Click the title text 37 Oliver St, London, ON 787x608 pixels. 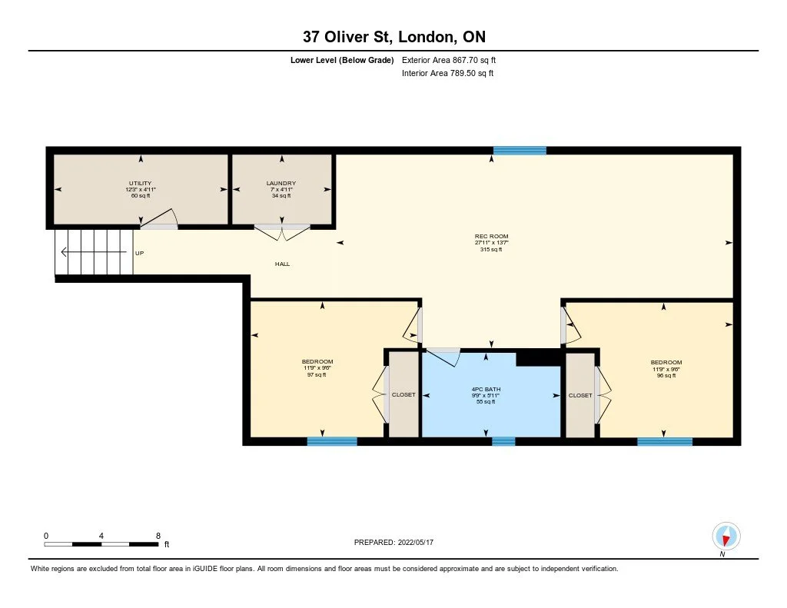coord(393,36)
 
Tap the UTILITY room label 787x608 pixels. coord(140,183)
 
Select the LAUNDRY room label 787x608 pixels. coord(281,183)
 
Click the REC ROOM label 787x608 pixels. coord(491,236)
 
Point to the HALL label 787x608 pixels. coord(283,264)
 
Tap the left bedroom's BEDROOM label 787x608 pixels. coord(317,362)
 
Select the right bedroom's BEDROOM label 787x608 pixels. coord(666,363)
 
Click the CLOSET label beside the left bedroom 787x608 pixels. coord(403,395)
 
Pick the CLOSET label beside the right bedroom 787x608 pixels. coord(580,395)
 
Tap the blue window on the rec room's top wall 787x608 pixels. coord(520,151)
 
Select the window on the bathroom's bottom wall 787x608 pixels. coord(503,441)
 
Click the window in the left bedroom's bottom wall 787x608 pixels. coord(332,441)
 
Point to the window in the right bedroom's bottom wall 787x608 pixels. coord(665,441)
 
